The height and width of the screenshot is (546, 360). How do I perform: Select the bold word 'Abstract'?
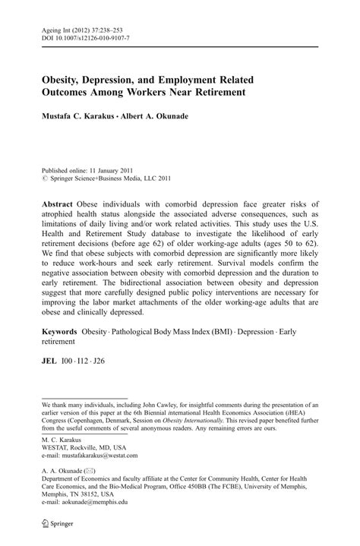[x=61, y=204]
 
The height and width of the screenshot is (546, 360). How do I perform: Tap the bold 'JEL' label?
[x=50, y=362]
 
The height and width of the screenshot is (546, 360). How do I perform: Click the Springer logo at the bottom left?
[x=47, y=525]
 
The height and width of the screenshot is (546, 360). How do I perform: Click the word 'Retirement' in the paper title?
[x=216, y=93]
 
